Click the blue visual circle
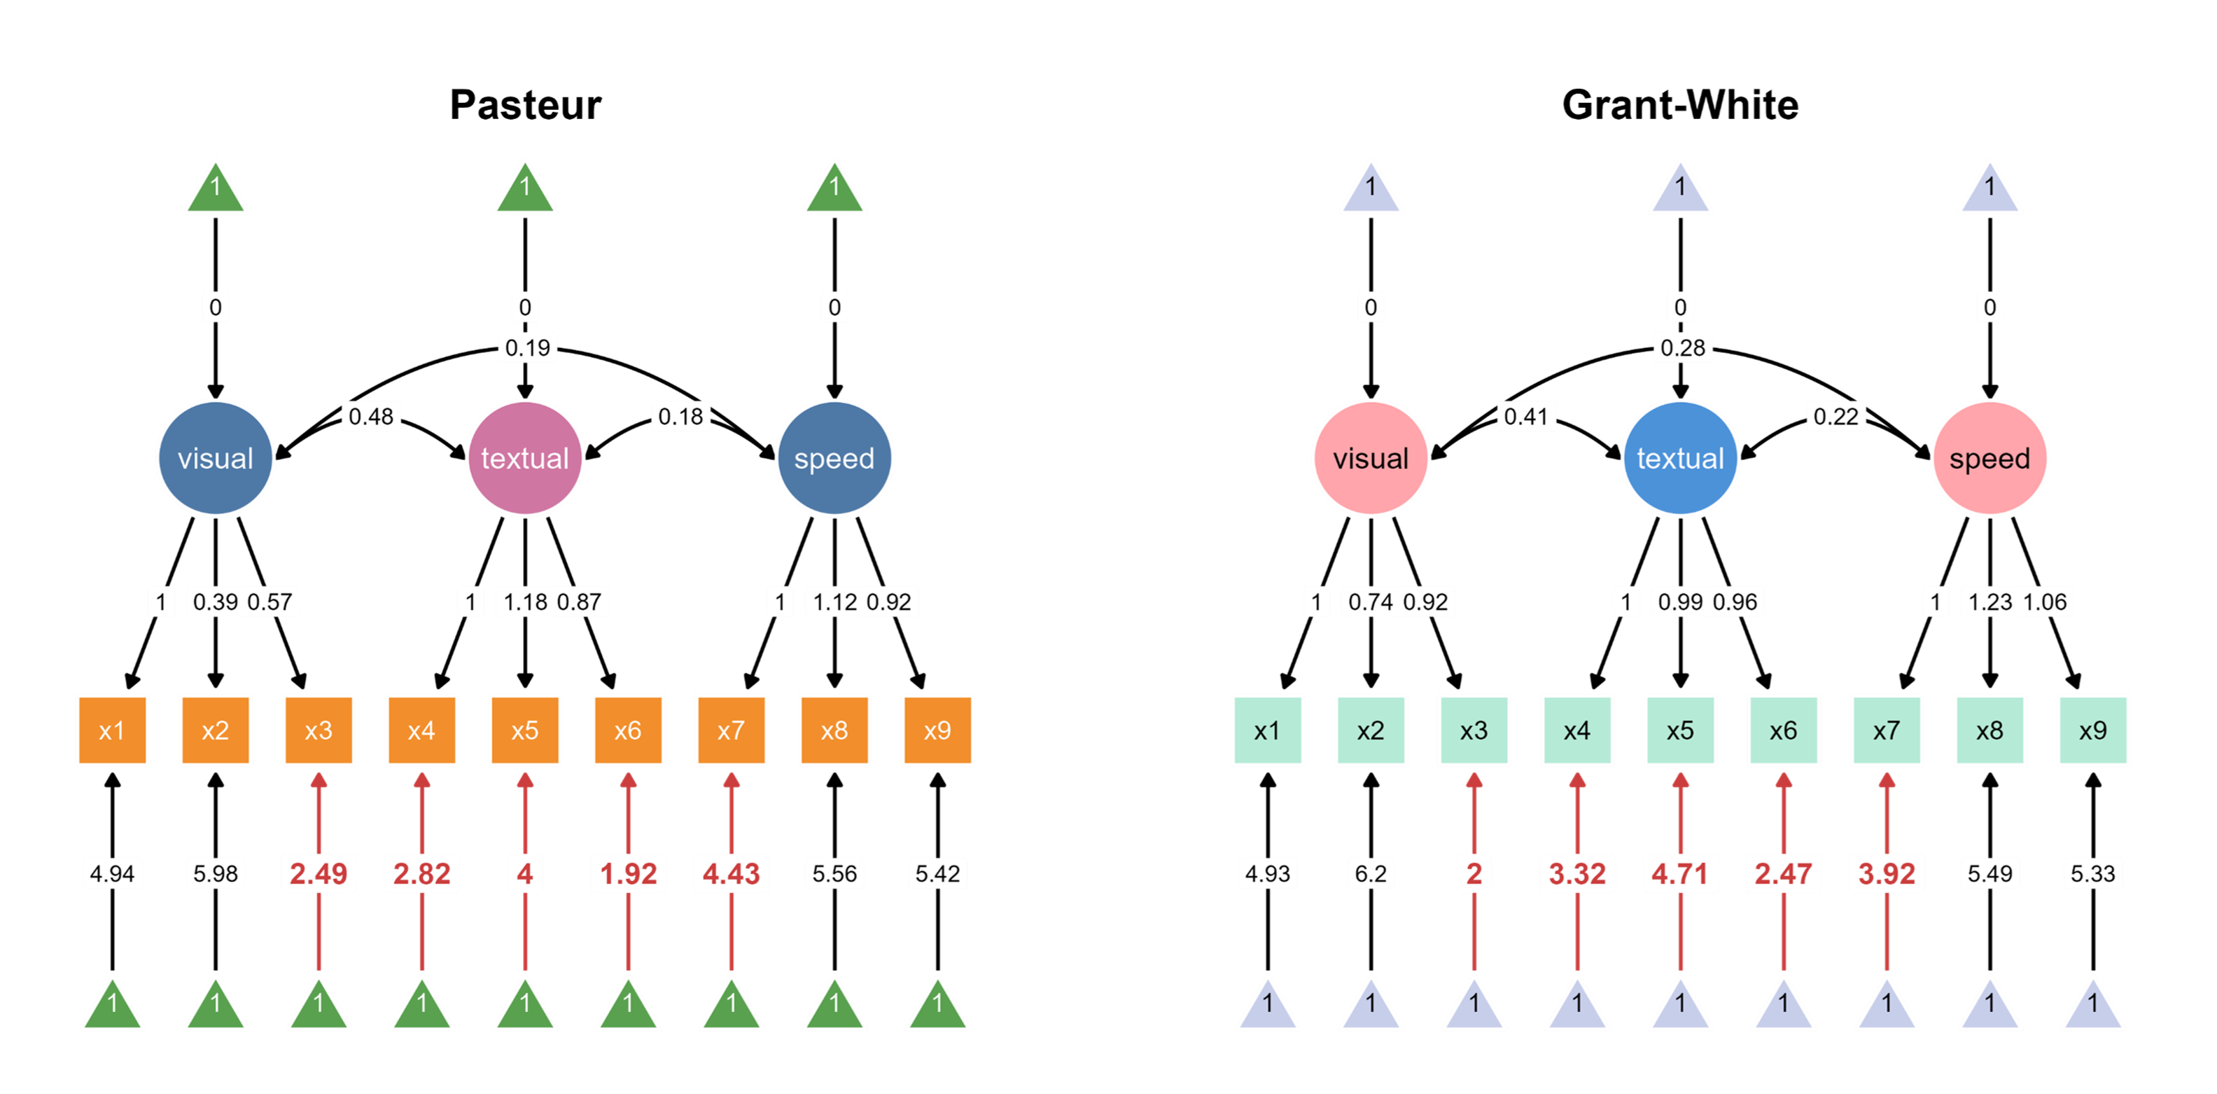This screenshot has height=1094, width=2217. pos(215,458)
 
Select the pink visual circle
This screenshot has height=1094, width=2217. pos(1370,458)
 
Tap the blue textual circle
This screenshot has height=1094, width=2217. pos(1680,458)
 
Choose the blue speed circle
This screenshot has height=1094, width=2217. pos(834,458)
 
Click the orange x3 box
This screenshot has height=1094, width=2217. pos(319,730)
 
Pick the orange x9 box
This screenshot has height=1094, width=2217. pos(937,730)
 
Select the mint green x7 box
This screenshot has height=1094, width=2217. pos(1887,730)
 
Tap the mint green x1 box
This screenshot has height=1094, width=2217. pos(1267,730)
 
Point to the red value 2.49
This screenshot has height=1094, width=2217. pos(319,873)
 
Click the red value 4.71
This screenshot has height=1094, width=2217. pos(1680,873)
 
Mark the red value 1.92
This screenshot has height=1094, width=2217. pos(628,873)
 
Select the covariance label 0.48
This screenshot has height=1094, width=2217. pos(371,417)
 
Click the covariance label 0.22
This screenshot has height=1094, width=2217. pos(1835,417)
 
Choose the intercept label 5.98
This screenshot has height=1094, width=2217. pos(215,873)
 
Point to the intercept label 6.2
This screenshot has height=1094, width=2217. pos(1370,873)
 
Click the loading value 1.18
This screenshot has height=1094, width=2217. pos(525,602)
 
